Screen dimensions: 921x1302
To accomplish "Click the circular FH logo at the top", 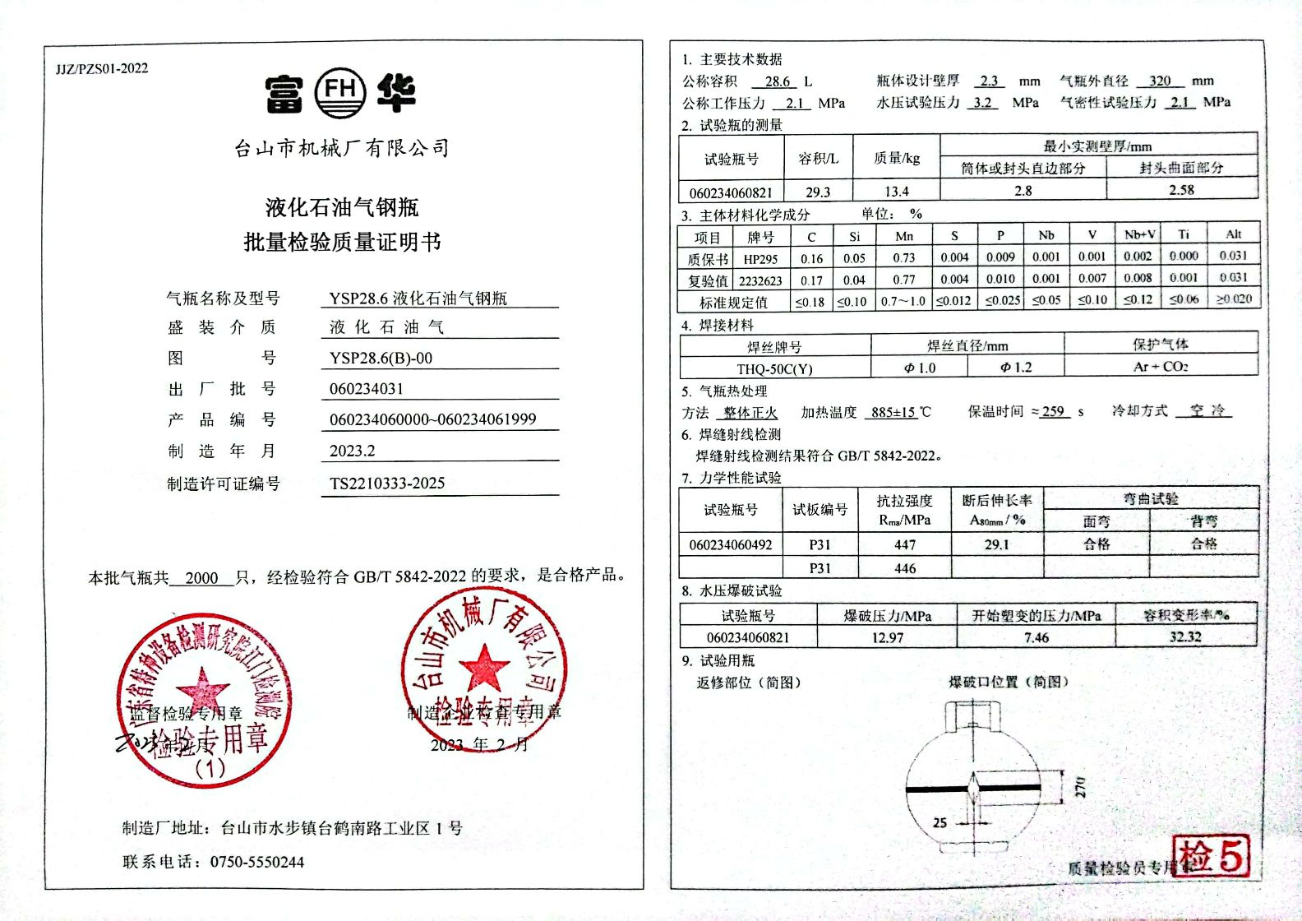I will [340, 91].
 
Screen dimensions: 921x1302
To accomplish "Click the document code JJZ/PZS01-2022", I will [102, 68].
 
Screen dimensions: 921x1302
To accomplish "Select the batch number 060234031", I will [367, 388].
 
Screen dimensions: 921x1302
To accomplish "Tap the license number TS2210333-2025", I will [387, 484].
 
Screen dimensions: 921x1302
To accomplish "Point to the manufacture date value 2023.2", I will [352, 451].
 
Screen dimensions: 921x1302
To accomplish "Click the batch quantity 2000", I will [201, 577].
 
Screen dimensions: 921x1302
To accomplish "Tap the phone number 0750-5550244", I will [257, 862].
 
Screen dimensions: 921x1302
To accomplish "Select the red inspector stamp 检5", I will [1212, 855].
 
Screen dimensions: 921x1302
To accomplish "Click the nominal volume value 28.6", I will [777, 81].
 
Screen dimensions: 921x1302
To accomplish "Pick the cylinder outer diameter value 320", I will [1160, 81].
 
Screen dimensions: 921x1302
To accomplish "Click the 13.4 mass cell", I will [896, 192].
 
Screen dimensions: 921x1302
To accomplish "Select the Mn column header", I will [904, 236].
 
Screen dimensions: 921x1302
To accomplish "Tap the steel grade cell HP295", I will [760, 259].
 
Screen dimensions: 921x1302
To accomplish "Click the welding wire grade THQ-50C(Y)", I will [774, 368].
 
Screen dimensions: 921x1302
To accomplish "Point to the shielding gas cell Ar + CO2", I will [1161, 367].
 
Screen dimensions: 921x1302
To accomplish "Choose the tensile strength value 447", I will [905, 544].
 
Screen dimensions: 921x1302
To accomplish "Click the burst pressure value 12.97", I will [887, 637].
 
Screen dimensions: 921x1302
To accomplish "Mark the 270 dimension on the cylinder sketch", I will [1080, 786].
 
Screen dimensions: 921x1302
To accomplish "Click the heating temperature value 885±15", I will [893, 412].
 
